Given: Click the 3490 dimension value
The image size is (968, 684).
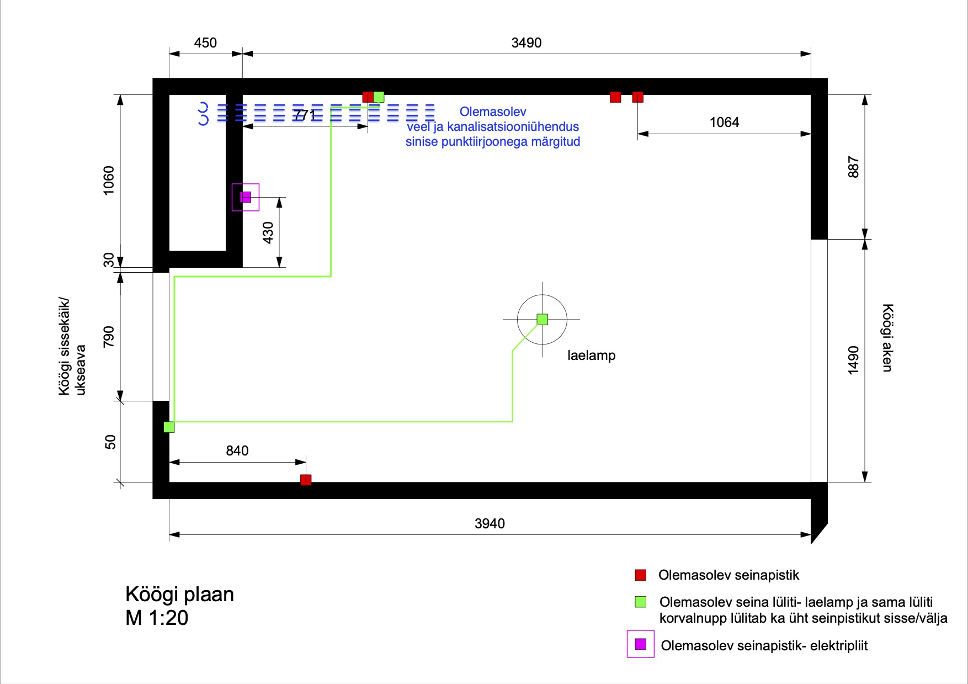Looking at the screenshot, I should tap(526, 43).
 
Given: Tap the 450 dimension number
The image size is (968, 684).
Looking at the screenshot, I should tap(205, 43).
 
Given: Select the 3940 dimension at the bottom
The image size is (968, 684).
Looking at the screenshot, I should tap(490, 523).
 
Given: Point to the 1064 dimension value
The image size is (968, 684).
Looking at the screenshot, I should tap(724, 123).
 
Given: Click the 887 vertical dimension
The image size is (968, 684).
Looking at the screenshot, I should tap(853, 167).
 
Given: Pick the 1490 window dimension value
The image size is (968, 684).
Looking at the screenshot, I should tap(853, 360).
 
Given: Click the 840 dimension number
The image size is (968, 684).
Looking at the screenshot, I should tap(237, 451).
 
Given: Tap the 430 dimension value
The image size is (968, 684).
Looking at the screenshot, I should tap(268, 232).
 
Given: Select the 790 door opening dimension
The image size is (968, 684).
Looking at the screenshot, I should tap(109, 337).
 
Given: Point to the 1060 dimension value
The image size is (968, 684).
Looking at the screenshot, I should tap(109, 180).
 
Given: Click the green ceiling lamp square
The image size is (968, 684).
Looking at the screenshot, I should tap(542, 319).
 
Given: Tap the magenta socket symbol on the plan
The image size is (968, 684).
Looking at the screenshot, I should tap(246, 197).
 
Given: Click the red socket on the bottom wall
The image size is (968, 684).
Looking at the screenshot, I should tap(306, 480).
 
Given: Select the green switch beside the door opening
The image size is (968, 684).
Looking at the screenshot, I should tap(169, 427).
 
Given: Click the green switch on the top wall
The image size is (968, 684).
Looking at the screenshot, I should tap(379, 97).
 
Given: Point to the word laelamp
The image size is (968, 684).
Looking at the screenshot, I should tap(591, 356).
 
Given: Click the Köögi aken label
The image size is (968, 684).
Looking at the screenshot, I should tap(887, 337).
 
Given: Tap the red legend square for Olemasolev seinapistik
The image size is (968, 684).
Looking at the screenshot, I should tap(640, 575).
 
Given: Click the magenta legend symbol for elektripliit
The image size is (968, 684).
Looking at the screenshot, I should tap(640, 644).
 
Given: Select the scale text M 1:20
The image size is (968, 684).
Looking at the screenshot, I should tap(157, 618).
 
